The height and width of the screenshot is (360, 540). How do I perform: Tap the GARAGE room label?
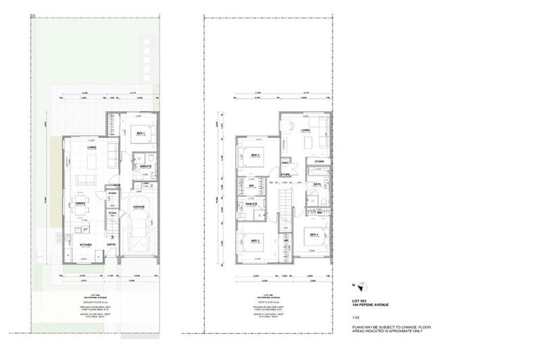click(139, 207)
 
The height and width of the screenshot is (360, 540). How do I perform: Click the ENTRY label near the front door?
click(111, 245)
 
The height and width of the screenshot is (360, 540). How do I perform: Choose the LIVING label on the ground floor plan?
click(91, 148)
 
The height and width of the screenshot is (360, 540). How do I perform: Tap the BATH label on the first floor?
click(317, 184)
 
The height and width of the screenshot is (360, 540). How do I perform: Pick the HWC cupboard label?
click(285, 162)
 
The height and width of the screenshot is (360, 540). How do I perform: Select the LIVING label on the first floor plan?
click(306, 130)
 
